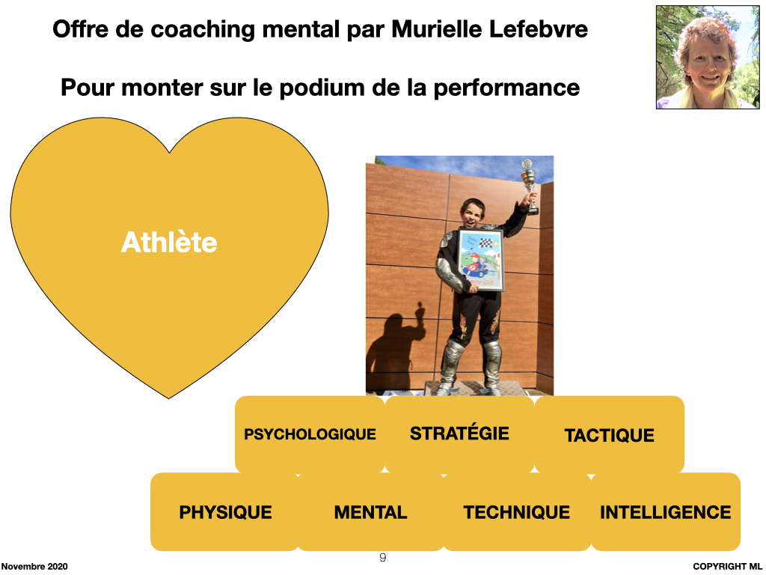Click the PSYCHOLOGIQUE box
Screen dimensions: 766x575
(x=310, y=435)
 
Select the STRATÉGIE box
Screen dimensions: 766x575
(x=459, y=435)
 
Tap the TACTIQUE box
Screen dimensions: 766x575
(x=609, y=435)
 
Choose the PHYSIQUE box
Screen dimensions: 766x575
(x=224, y=512)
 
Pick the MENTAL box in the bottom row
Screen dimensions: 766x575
(x=371, y=512)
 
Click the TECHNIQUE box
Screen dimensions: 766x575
(x=517, y=512)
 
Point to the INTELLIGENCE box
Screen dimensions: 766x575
(x=665, y=512)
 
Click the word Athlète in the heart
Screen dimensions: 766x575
(x=169, y=242)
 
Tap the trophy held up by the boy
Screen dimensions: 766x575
(x=530, y=186)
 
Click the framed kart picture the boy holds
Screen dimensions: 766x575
(x=479, y=260)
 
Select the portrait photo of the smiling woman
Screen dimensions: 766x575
(x=708, y=57)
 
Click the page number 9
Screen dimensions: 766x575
(x=382, y=557)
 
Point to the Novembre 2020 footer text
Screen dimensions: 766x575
(x=34, y=566)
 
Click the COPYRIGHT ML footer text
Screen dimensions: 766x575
(x=727, y=566)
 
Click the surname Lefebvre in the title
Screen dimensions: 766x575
(x=539, y=29)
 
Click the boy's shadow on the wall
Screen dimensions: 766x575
(x=395, y=347)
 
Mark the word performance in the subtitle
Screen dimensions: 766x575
(x=506, y=88)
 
